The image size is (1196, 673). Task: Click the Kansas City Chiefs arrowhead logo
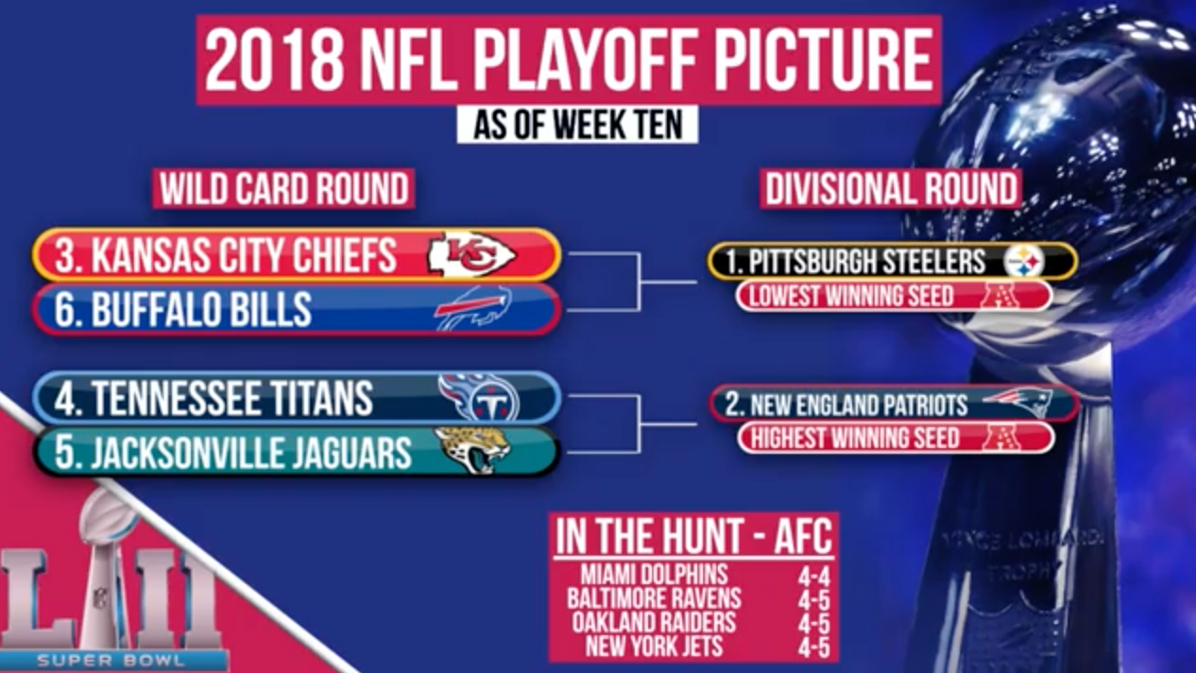pyautogui.click(x=470, y=254)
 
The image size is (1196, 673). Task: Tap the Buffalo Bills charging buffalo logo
pyautogui.click(x=473, y=308)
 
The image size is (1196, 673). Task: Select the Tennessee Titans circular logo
pyautogui.click(x=479, y=398)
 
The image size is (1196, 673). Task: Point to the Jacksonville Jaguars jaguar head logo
pyautogui.click(x=472, y=450)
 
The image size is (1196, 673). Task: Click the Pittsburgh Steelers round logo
pyautogui.click(x=1023, y=262)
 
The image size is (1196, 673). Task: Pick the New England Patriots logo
pyautogui.click(x=1018, y=403)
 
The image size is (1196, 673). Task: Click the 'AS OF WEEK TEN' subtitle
pyautogui.click(x=578, y=125)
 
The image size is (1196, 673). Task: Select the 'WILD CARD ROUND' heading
pyautogui.click(x=284, y=188)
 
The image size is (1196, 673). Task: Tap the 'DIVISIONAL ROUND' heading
pyautogui.click(x=891, y=188)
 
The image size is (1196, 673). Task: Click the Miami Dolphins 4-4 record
pyautogui.click(x=814, y=578)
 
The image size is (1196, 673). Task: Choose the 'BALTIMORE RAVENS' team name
pyautogui.click(x=654, y=598)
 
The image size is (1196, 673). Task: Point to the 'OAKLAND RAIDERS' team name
pyautogui.click(x=654, y=622)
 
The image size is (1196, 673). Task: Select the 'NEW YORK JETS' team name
pyautogui.click(x=654, y=646)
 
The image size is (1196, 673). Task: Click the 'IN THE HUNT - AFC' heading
pyautogui.click(x=693, y=536)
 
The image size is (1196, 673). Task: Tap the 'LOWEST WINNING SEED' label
pyautogui.click(x=851, y=296)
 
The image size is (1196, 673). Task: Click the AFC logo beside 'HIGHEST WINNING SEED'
pyautogui.click(x=1000, y=438)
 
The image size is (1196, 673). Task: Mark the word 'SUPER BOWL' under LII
pyautogui.click(x=111, y=661)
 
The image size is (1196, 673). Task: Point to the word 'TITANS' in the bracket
pyautogui.click(x=317, y=398)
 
